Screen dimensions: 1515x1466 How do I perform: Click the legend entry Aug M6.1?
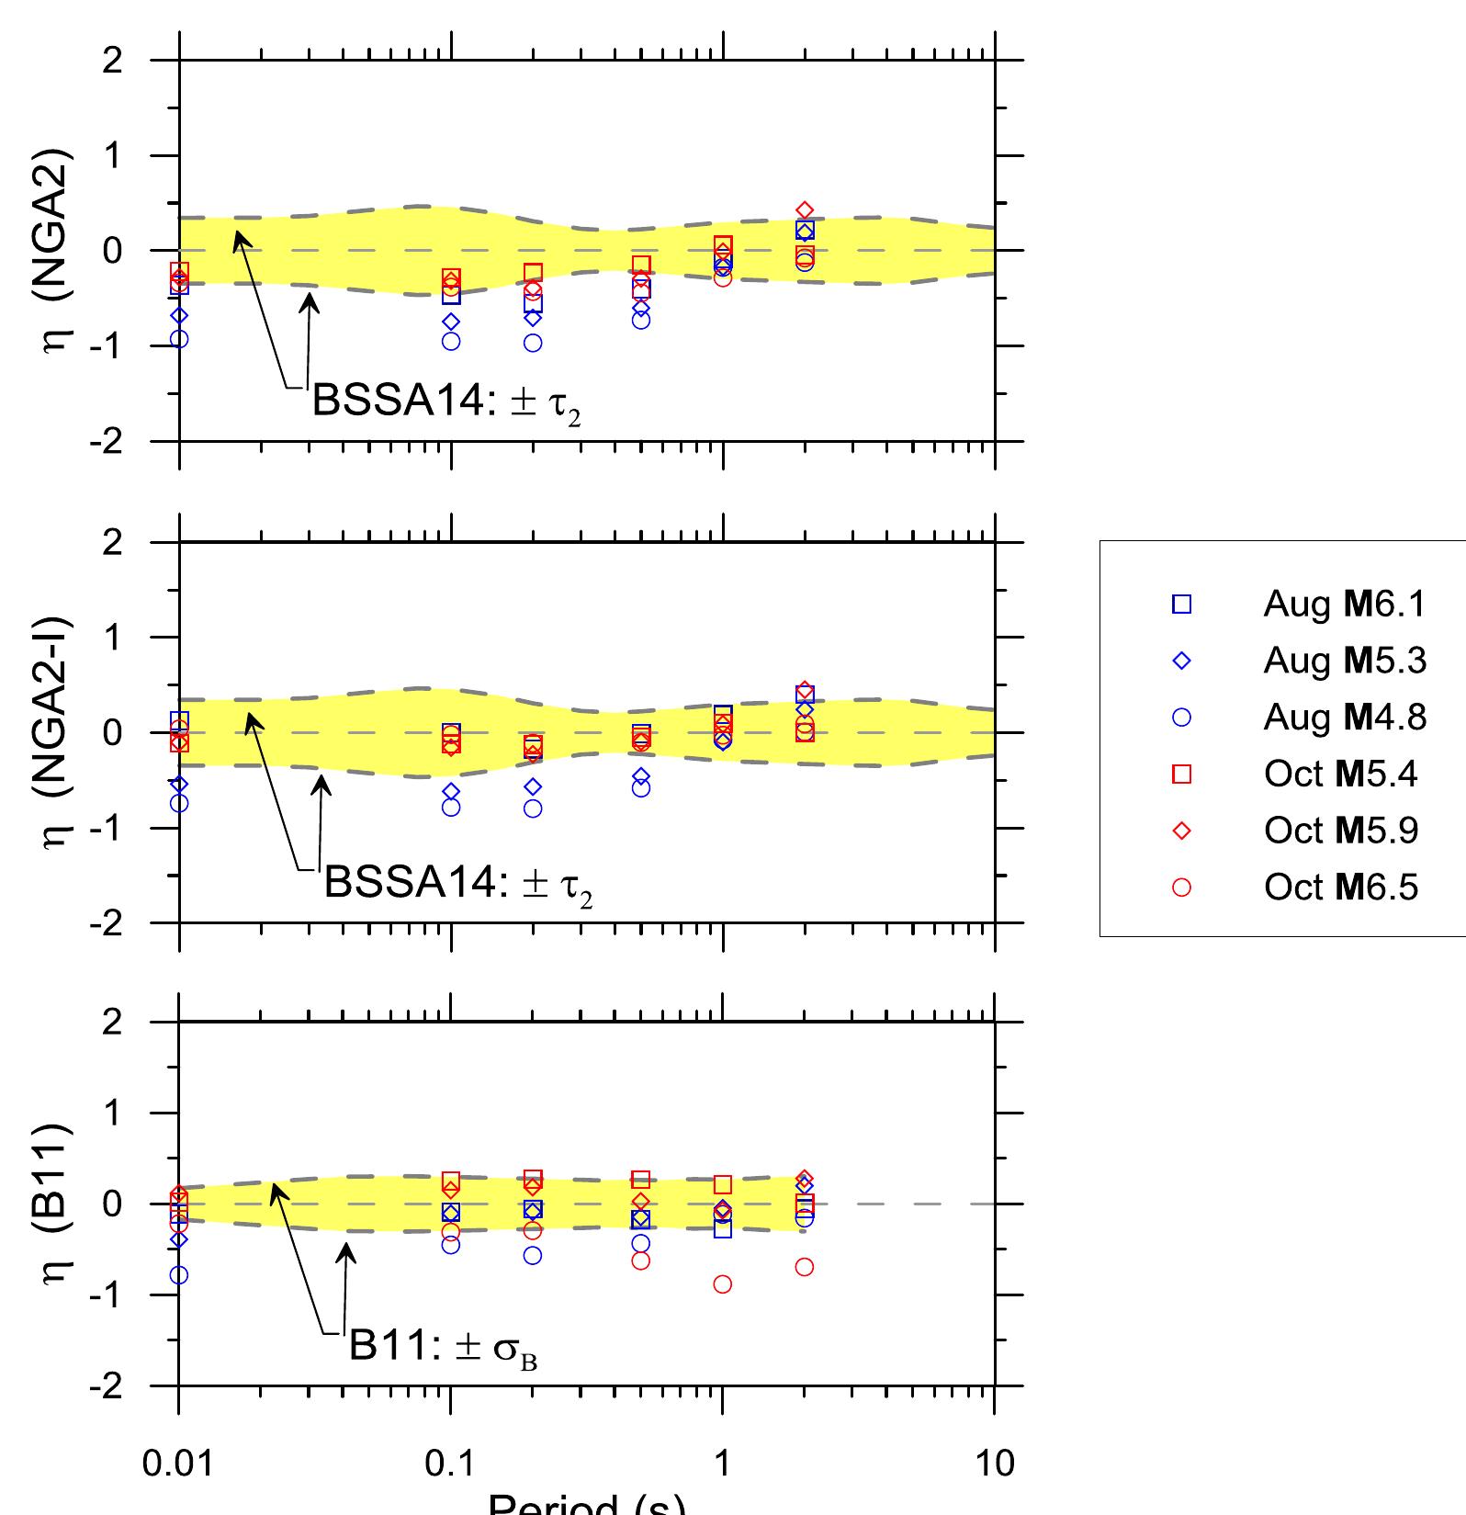coord(1344,605)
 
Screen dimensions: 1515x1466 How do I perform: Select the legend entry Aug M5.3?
coord(1344,661)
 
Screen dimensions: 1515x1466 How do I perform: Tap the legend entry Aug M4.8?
coord(1344,718)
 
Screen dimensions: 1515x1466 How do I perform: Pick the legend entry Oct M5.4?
coord(1340,774)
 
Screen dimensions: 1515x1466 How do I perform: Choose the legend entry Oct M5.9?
coord(1340,831)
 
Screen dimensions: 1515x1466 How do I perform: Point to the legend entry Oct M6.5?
coord(1340,888)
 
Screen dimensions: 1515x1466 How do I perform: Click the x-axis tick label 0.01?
coord(178,1463)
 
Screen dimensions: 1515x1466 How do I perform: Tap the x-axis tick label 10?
coord(994,1463)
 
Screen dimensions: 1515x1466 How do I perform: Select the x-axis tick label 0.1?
coord(450,1463)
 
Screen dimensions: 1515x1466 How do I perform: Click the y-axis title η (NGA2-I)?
coord(59,732)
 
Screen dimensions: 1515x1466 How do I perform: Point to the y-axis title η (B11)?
coord(59,1204)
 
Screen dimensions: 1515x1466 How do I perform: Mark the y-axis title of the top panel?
coord(59,250)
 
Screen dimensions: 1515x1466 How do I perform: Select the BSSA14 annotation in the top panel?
coord(446,401)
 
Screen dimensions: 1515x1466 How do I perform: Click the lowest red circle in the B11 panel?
coord(723,1284)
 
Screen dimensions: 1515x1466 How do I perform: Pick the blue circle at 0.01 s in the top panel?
coord(180,339)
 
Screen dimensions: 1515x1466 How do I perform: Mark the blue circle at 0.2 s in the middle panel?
coord(533,808)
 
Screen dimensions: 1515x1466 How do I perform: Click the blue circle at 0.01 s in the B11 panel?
coord(179,1275)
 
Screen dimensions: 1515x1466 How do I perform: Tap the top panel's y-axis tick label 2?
coord(112,61)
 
